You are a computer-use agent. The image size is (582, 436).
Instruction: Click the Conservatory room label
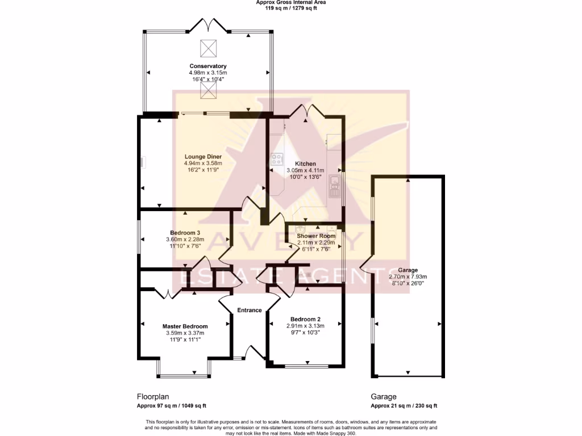208,66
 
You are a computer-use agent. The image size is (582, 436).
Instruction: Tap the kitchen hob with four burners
277,160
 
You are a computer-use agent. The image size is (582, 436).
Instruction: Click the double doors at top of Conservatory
209,24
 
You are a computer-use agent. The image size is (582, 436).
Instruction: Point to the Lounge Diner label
203,157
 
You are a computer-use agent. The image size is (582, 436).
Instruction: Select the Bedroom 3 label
185,233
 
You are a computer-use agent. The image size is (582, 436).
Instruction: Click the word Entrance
250,310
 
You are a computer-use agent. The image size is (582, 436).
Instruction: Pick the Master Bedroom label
185,326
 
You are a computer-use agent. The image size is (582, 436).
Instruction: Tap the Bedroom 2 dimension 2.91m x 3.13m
305,326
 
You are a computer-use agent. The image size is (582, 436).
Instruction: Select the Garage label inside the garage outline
408,270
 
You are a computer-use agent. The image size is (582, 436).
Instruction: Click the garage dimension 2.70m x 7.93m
408,277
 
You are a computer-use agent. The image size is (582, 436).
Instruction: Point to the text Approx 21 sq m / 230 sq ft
404,406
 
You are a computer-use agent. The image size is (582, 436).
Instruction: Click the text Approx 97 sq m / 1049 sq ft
171,406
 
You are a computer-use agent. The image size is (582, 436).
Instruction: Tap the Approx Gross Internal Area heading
290,2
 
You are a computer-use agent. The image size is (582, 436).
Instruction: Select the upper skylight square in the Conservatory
208,48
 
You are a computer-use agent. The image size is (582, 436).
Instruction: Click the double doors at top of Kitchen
306,110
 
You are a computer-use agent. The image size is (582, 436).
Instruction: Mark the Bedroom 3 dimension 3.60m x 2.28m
185,240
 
